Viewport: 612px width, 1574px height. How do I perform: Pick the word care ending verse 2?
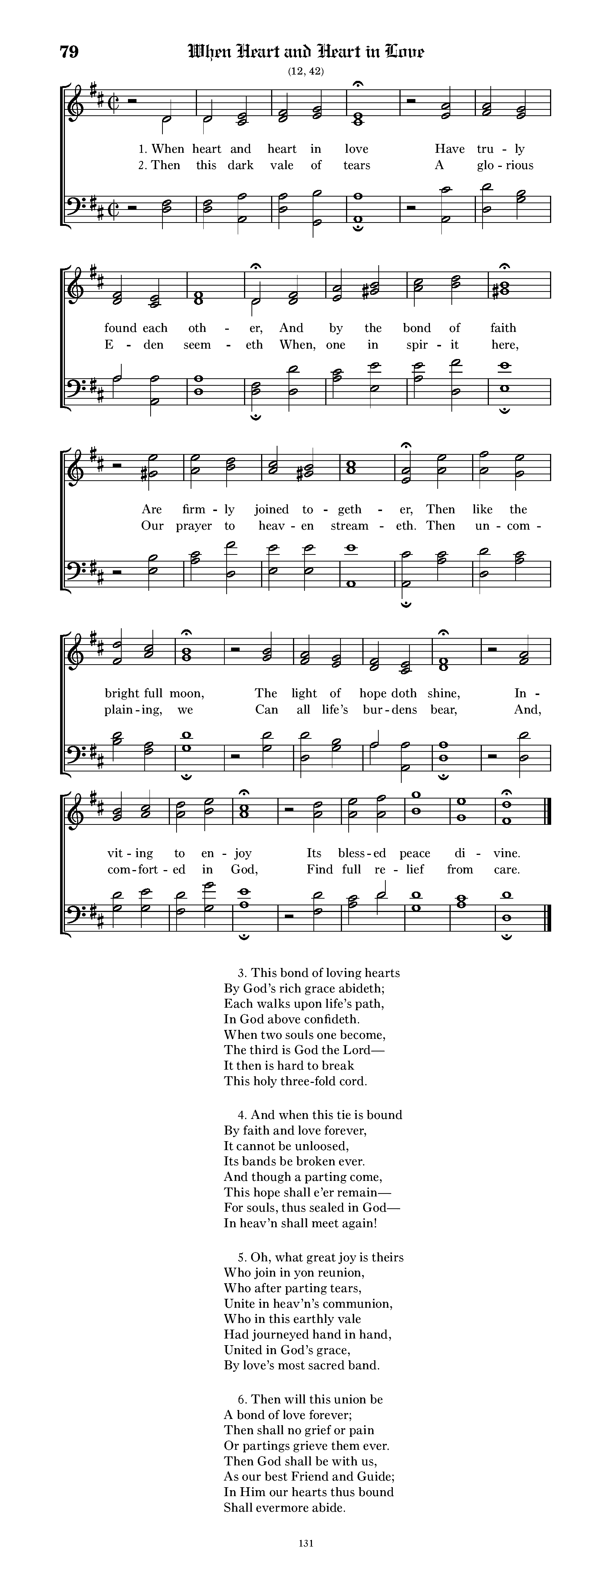point(506,869)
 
